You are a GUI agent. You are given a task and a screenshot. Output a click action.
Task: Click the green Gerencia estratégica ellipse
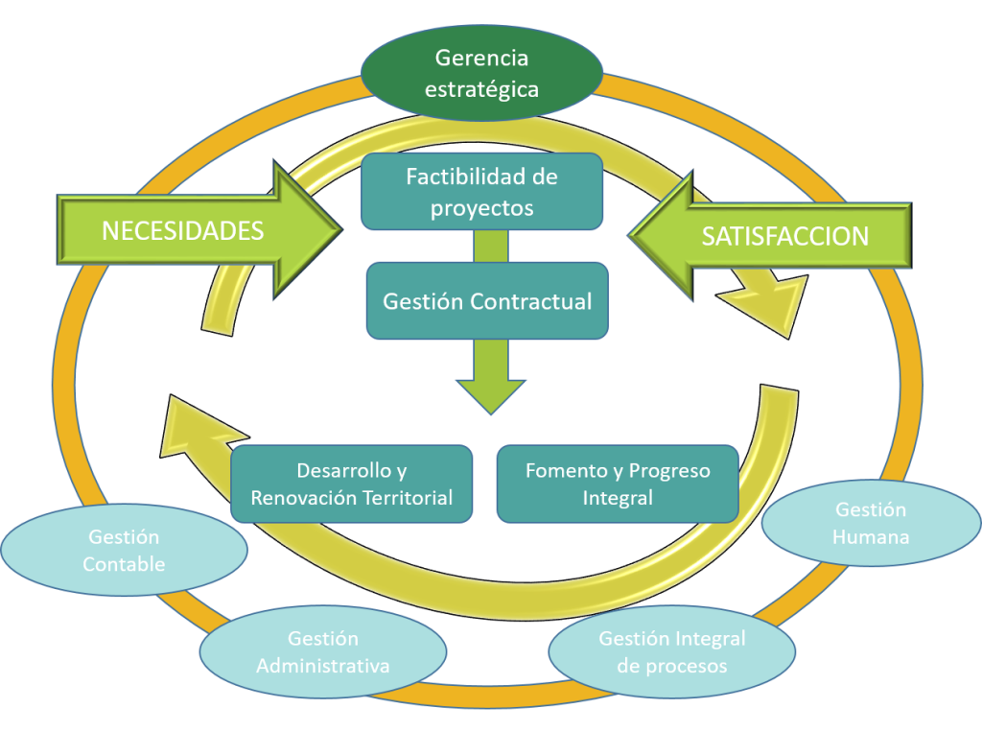pyautogui.click(x=481, y=74)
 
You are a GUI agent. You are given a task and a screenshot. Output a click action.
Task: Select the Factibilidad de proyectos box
pyautogui.click(x=481, y=192)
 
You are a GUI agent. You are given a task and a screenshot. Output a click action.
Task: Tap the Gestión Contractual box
pyautogui.click(x=487, y=301)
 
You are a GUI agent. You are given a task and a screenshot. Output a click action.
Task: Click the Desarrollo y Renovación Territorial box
pyautogui.click(x=352, y=484)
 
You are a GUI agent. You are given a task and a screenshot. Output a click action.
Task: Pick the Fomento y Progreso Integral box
pyautogui.click(x=618, y=484)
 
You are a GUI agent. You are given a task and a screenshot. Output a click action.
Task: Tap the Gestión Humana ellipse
pyautogui.click(x=871, y=523)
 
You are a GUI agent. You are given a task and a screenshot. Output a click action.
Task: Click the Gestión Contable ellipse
pyautogui.click(x=124, y=551)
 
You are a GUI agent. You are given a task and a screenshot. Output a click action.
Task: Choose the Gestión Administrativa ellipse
pyautogui.click(x=323, y=652)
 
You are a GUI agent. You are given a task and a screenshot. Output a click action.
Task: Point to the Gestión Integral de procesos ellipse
pyautogui.click(x=671, y=652)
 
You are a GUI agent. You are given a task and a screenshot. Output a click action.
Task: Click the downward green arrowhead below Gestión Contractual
pyautogui.click(x=490, y=389)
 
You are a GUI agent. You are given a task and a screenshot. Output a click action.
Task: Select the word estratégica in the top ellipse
pyautogui.click(x=481, y=89)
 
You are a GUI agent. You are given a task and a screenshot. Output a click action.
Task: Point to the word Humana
pyautogui.click(x=871, y=536)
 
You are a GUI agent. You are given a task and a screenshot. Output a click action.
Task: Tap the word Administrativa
pyautogui.click(x=323, y=666)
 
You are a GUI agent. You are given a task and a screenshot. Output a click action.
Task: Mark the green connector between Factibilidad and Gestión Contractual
pyautogui.click(x=490, y=246)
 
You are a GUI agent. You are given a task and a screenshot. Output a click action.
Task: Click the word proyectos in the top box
pyautogui.click(x=481, y=206)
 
